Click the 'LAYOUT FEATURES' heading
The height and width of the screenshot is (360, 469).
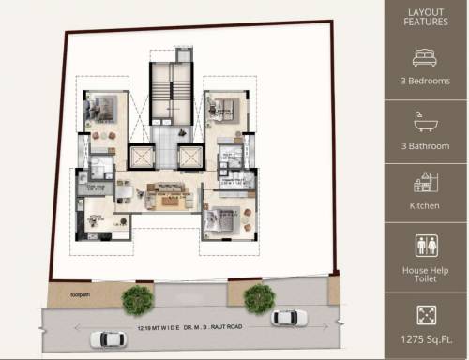click(426, 18)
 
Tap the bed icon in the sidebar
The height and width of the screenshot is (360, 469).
click(426, 56)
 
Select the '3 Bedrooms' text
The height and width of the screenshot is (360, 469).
click(426, 82)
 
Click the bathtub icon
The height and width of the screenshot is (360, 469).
click(426, 121)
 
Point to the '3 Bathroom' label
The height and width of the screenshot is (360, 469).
click(426, 146)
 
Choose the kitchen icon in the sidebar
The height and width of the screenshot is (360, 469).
click(426, 180)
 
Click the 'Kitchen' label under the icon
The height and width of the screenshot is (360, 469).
click(426, 205)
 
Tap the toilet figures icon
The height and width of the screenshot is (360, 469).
click(426, 245)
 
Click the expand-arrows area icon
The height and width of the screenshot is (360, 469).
click(426, 312)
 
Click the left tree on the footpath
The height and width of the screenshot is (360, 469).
click(138, 299)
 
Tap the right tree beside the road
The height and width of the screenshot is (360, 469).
click(258, 298)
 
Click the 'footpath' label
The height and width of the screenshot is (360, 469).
click(81, 295)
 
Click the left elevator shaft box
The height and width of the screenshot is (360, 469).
click(142, 157)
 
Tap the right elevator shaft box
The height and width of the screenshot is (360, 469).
click(187, 157)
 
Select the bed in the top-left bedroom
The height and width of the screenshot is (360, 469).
click(102, 106)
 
